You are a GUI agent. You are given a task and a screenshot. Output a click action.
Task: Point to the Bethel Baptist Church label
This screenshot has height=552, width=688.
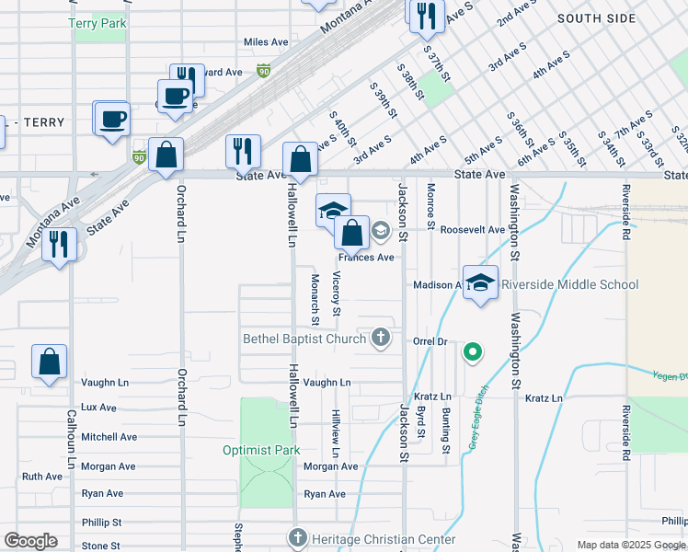point(304,339)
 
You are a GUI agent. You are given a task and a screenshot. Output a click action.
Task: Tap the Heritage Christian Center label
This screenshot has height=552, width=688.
point(384,538)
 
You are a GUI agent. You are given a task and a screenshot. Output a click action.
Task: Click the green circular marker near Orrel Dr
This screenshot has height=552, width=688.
point(472,351)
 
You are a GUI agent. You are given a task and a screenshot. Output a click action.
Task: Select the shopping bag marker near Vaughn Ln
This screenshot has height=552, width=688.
point(50,362)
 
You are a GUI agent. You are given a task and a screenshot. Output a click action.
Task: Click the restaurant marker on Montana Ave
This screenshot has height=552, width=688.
point(59,244)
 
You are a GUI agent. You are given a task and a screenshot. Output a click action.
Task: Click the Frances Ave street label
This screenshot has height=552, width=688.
point(373,258)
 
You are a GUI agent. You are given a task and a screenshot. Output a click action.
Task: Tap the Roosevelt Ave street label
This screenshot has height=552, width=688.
point(473,229)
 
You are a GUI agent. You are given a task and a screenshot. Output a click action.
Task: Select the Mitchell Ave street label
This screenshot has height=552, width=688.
point(109,437)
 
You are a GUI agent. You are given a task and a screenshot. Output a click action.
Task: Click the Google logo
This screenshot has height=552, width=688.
point(30,541)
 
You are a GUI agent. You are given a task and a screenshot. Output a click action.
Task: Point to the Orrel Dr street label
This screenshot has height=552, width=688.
point(430,340)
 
